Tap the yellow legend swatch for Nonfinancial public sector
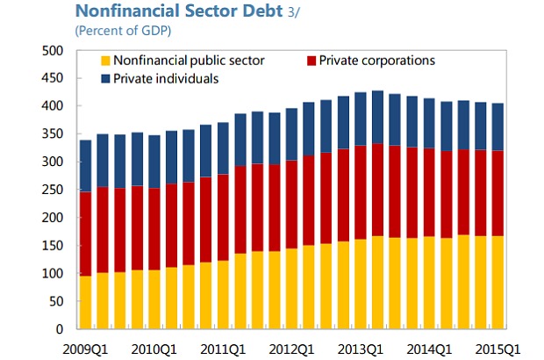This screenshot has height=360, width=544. (105, 61)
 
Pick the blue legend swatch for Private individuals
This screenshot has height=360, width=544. (105, 78)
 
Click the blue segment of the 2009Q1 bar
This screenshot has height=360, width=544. (85, 166)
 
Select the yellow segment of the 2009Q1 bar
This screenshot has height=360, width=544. (85, 302)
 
